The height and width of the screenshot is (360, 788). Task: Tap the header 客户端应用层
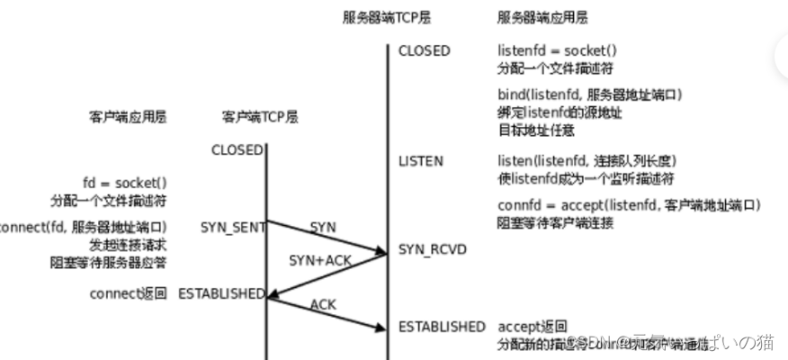point(128,117)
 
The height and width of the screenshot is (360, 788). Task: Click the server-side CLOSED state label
point(425,50)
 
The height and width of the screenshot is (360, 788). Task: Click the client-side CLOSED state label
point(237,149)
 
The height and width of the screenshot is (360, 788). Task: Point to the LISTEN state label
point(420,161)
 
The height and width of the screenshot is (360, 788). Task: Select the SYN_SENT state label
point(233,228)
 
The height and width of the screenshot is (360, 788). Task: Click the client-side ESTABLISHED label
point(221,293)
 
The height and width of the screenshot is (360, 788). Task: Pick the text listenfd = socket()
point(558,50)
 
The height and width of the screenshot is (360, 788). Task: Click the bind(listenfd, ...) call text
point(590,94)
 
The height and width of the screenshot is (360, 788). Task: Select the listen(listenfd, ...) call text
point(587,161)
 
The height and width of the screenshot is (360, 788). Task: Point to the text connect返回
point(128,293)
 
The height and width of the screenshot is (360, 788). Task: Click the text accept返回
point(533,326)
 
